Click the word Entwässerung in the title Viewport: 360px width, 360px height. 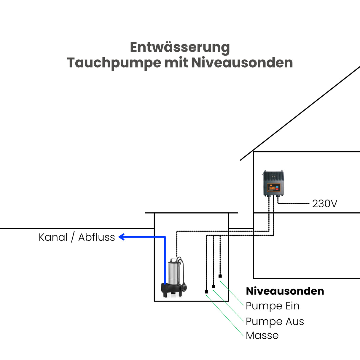[x=180, y=47]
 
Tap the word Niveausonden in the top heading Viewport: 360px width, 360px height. [x=242, y=63]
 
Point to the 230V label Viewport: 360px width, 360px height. [x=324, y=204]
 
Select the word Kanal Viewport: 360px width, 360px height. [x=53, y=237]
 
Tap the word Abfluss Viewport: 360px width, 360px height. [x=96, y=237]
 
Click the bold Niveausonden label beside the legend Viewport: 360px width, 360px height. [x=285, y=291]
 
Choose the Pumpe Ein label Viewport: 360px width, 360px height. [x=273, y=306]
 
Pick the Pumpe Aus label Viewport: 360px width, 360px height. [x=275, y=321]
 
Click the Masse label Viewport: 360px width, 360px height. [x=262, y=335]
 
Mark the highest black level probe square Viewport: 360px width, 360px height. [x=220, y=276]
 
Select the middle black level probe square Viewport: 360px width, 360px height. [x=213, y=286]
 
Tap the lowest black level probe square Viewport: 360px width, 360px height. [x=206, y=292]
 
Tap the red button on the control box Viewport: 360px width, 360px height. [x=277, y=189]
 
